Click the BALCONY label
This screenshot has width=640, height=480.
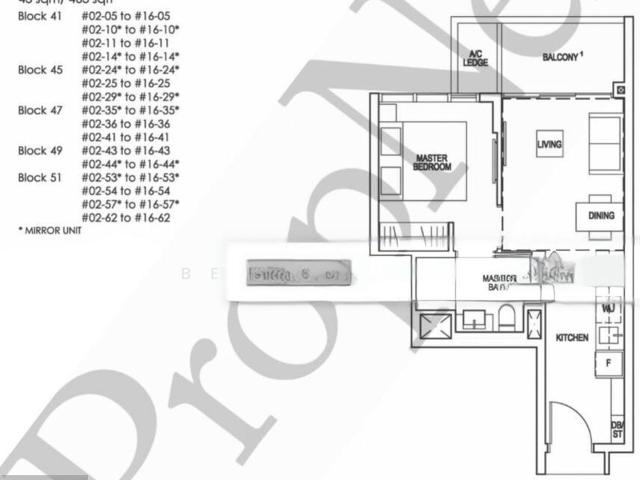point(561,58)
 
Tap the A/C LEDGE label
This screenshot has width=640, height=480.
point(475,58)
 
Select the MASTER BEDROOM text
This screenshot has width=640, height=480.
point(432,162)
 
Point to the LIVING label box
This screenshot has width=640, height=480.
point(549,146)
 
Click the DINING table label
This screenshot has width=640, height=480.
point(601,215)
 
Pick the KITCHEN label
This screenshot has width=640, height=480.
point(572,338)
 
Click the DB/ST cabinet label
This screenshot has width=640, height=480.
point(618,431)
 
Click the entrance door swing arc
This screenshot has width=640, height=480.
point(567,420)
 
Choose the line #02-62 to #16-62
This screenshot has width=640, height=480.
point(126,216)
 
